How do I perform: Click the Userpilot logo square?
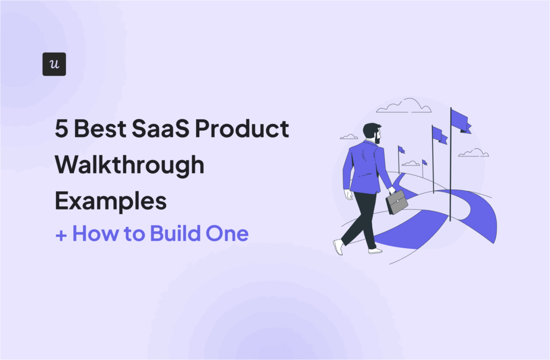pos(54,64)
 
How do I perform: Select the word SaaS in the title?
pos(155,130)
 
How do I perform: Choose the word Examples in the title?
pos(110,201)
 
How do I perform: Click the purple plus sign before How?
pos(61,234)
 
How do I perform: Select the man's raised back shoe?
pos(338,247)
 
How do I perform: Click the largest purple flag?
pos(460,120)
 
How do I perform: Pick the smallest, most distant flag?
pos(424,162)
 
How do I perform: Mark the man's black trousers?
pos(360,220)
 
